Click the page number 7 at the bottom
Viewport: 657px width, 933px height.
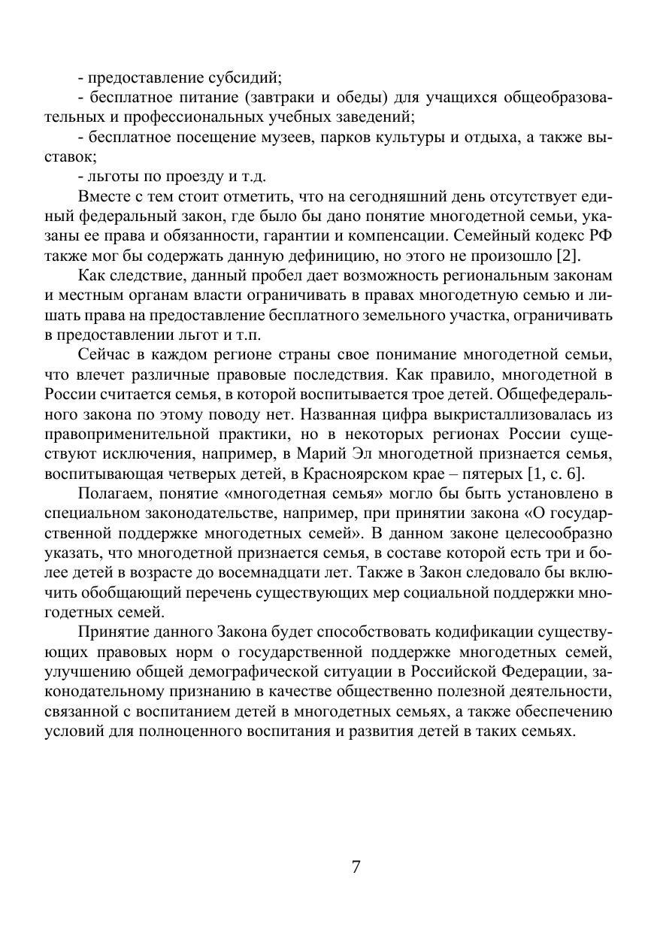356,866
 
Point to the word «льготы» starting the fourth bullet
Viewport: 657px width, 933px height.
110,177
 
